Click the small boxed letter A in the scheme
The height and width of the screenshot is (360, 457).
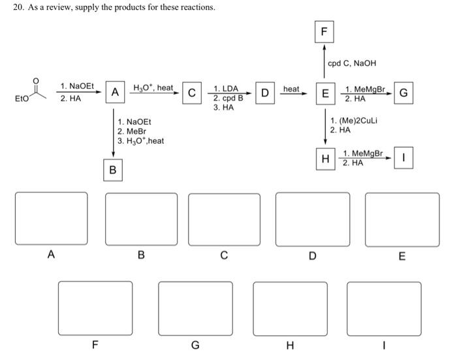pyautogui.click(x=114, y=93)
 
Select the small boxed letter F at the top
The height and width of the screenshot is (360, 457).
pyautogui.click(x=324, y=31)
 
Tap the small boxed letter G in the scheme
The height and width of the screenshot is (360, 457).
pyautogui.click(x=403, y=93)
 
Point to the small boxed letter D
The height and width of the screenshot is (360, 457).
pyautogui.click(x=265, y=93)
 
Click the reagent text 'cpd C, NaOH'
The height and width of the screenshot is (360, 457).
pyautogui.click(x=352, y=63)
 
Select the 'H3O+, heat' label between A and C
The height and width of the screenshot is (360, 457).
pyautogui.click(x=153, y=88)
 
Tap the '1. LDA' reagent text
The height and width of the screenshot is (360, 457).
pyautogui.click(x=226, y=89)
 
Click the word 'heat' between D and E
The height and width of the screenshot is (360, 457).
pyautogui.click(x=292, y=88)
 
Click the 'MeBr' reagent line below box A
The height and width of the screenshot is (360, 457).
pyautogui.click(x=130, y=131)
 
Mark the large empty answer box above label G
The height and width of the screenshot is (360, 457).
pyautogui.click(x=195, y=308)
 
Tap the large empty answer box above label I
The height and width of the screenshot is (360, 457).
pyautogui.click(x=384, y=308)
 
